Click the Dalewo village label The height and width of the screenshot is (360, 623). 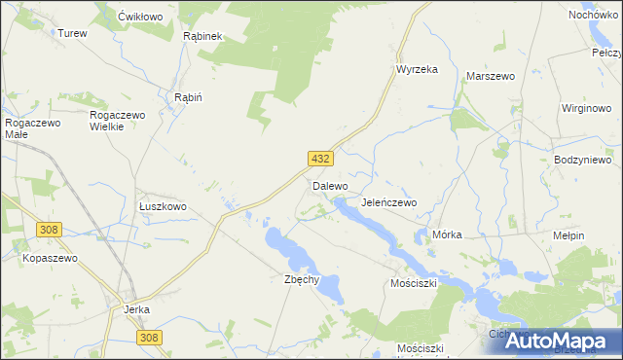coord(330,185)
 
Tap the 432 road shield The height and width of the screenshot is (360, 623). coord(321,159)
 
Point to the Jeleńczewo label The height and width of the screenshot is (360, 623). coord(388,202)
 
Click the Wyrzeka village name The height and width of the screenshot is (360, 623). coord(417,69)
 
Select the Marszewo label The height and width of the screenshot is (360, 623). coord(491,75)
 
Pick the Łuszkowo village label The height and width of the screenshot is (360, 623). coord(163,207)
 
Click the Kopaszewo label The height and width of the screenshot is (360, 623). coord(50,259)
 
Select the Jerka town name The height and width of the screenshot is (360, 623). coord(136,310)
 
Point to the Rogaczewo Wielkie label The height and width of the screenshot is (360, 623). coord(118,121)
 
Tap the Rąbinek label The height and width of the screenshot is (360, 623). coord(203,36)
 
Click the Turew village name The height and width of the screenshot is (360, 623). coord(72,33)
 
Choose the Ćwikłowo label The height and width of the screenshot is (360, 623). coord(138,18)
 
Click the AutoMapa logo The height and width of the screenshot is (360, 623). coord(550,342)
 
